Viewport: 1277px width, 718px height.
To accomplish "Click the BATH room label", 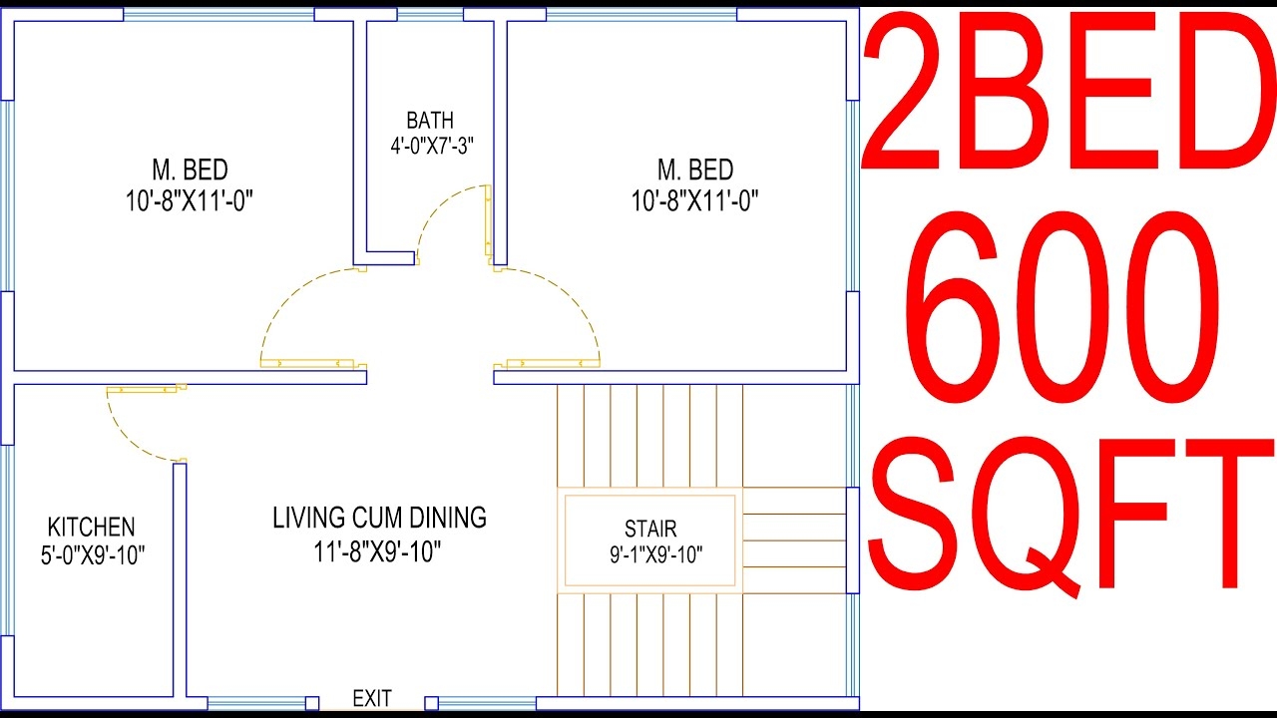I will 429,121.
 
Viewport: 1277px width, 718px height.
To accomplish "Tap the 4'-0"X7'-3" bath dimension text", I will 431,145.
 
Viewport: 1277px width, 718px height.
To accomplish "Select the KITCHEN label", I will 91,527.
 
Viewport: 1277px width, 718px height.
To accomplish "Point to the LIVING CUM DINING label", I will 379,518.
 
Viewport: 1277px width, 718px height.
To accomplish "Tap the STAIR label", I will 650,529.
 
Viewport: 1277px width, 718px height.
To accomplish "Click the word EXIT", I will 372,698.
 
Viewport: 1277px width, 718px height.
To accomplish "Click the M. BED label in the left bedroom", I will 190,170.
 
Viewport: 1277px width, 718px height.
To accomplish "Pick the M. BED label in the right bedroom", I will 694,170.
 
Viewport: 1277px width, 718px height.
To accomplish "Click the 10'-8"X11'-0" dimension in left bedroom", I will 190,201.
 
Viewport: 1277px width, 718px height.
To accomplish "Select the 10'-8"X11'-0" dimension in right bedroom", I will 694,201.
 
